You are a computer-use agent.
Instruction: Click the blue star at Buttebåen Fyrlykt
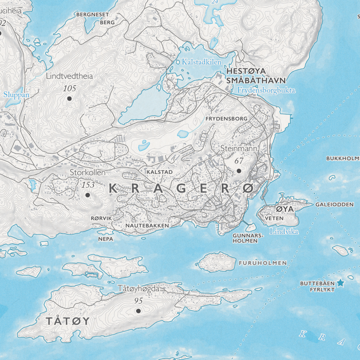[x=340, y=283]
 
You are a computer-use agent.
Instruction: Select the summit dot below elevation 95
[x=138, y=311]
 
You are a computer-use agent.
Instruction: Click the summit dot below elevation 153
[x=87, y=195]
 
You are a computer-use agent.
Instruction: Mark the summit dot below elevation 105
[x=69, y=98]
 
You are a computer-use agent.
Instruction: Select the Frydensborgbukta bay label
[x=266, y=90]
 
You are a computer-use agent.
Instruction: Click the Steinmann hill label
[x=239, y=149]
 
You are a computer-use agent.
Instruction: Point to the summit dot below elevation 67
[x=239, y=170]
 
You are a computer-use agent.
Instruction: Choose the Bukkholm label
[x=343, y=158]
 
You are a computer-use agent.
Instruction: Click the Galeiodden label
[x=335, y=205]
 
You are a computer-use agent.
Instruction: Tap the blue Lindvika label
[x=284, y=232]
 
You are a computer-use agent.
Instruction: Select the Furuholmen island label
[x=263, y=263]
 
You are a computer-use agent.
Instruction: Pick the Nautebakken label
[x=147, y=225]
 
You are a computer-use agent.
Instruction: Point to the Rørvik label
[x=101, y=218]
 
